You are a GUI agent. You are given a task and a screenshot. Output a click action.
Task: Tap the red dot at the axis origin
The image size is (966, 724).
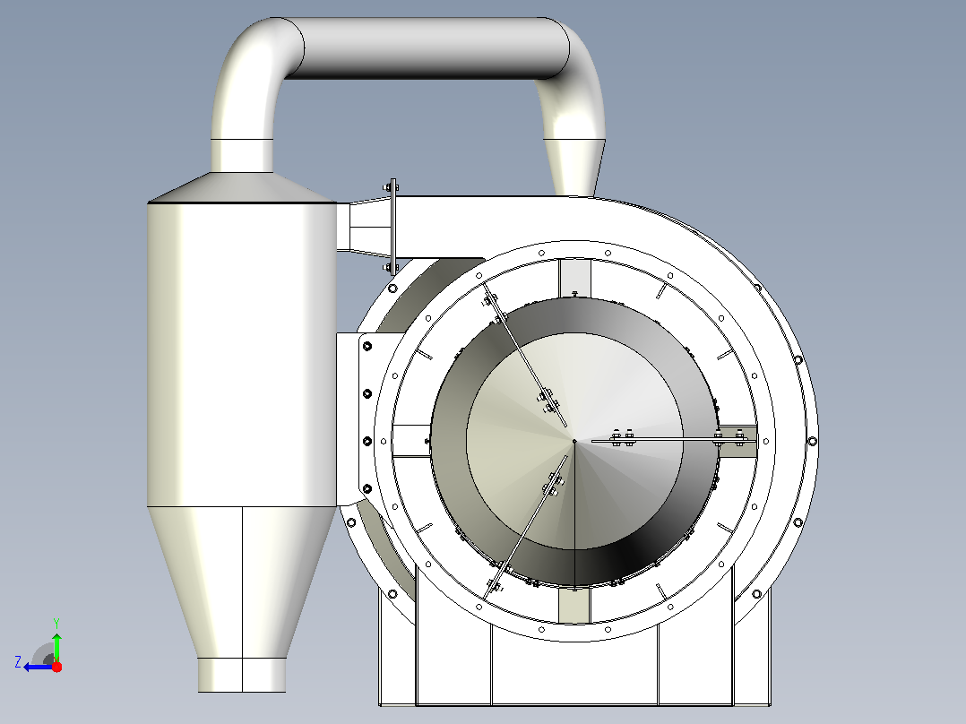[x=56, y=667]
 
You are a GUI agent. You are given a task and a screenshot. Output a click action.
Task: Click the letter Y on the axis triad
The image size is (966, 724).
[x=56, y=623]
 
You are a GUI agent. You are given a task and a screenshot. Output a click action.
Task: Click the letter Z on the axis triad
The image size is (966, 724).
[x=18, y=662]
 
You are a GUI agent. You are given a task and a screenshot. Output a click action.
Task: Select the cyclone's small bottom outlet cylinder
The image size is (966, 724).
[x=242, y=675]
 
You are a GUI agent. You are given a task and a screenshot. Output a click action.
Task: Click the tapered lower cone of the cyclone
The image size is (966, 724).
[x=242, y=582]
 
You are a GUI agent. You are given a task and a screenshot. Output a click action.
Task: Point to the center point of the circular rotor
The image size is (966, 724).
[x=574, y=441]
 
